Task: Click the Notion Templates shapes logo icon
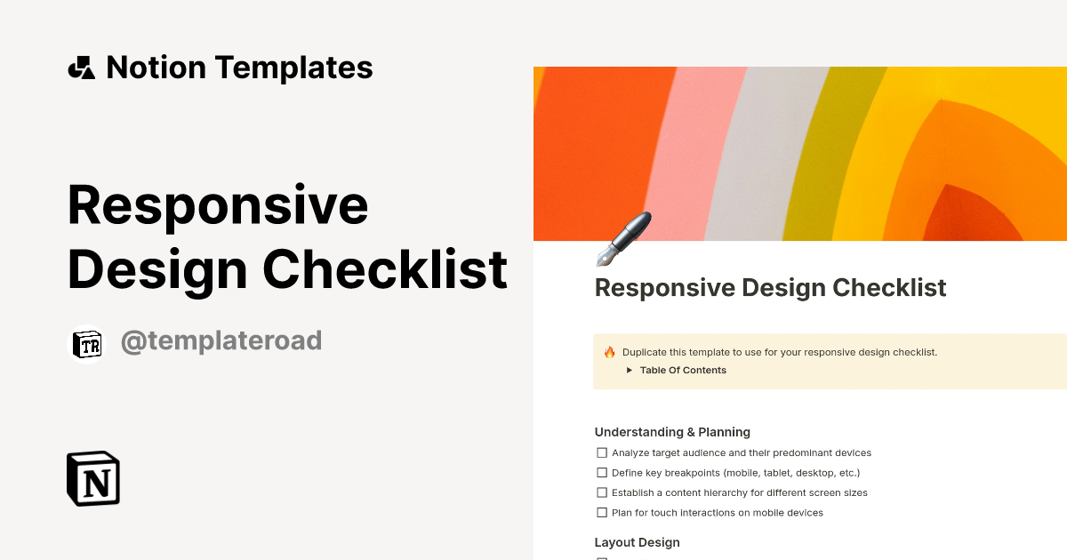point(82,68)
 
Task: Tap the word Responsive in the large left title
point(218,205)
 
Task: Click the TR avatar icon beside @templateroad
point(87,346)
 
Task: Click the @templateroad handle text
point(221,340)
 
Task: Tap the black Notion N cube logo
point(93,479)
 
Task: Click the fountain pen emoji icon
point(623,239)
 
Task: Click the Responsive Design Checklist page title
point(770,288)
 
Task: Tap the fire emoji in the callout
point(610,352)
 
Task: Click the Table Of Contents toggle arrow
point(629,371)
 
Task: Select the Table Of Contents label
point(683,371)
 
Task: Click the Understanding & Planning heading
point(672,432)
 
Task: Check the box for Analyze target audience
point(602,453)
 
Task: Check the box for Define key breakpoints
point(602,473)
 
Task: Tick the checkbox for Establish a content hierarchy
point(602,492)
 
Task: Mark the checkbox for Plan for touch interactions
point(602,513)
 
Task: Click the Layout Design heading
point(637,542)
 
